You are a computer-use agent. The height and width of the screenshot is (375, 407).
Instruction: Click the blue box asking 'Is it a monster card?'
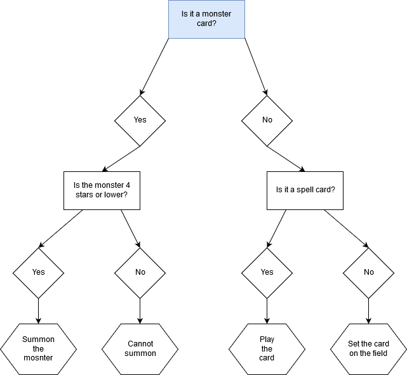click(206, 18)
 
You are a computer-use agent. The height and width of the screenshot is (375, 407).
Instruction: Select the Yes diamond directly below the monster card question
click(140, 120)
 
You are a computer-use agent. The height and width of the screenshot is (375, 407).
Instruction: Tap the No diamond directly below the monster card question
click(267, 120)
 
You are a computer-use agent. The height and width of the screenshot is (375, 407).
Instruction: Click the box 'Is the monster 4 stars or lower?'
click(102, 190)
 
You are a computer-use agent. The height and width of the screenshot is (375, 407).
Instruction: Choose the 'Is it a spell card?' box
click(305, 190)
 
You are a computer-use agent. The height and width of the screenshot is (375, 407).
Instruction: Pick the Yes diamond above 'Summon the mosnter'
click(38, 272)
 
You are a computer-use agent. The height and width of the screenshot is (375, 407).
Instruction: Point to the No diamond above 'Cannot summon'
click(140, 272)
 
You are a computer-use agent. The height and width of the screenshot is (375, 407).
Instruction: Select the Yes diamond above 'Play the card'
click(267, 272)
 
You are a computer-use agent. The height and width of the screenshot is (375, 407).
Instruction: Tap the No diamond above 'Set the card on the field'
click(368, 272)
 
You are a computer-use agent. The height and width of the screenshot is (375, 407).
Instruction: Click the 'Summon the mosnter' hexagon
click(38, 348)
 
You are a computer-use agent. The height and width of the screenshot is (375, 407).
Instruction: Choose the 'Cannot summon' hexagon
click(140, 348)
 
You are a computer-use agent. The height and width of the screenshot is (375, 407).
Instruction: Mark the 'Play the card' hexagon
click(267, 348)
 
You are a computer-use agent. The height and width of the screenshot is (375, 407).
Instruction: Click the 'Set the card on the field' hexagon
click(368, 348)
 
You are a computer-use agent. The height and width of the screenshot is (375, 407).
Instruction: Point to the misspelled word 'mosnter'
click(38, 358)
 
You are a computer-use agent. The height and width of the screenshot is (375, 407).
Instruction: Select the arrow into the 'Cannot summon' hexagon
click(140, 311)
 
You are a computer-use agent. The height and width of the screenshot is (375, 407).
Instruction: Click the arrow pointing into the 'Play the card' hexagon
click(267, 311)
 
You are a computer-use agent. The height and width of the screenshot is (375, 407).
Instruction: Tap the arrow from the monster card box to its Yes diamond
click(154, 67)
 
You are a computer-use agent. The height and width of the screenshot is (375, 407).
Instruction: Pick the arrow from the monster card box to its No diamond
click(255, 67)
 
